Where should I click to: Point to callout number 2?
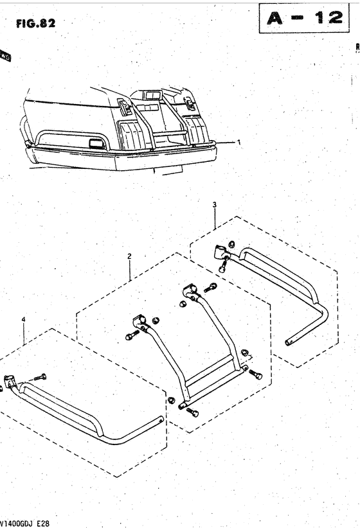tap(129, 256)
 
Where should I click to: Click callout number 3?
tap(215, 204)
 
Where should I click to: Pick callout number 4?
tap(24, 319)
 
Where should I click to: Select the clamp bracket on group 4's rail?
tap(11, 383)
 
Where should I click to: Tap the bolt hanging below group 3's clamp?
tap(222, 268)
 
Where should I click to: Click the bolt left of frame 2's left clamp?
tap(131, 336)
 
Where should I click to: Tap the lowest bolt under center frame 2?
tap(192, 412)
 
